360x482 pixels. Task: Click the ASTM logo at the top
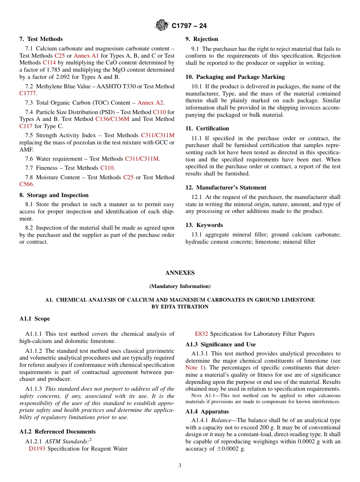pyautogui.click(x=162, y=26)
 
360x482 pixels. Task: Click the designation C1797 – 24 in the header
pyautogui.click(x=189, y=26)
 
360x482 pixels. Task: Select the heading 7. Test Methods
pyautogui.click(x=41, y=39)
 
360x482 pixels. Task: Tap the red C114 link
pyautogui.click(x=49, y=63)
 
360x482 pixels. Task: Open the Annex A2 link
pyautogui.click(x=150, y=103)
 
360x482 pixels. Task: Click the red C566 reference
pyautogui.click(x=26, y=184)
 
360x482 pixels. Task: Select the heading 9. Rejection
pyautogui.click(x=202, y=39)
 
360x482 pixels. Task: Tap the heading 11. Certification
pyautogui.click(x=207, y=128)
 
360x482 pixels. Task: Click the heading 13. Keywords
pyautogui.click(x=204, y=225)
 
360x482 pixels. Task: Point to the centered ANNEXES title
pyautogui.click(x=180, y=273)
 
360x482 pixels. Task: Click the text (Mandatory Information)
pyautogui.click(x=180, y=286)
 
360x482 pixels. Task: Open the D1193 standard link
pyautogui.click(x=37, y=449)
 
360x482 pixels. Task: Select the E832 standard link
pyautogui.click(x=201, y=334)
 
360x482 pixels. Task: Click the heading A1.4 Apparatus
pyautogui.click(x=208, y=412)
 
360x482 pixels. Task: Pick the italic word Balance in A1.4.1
pyautogui.click(x=220, y=420)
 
